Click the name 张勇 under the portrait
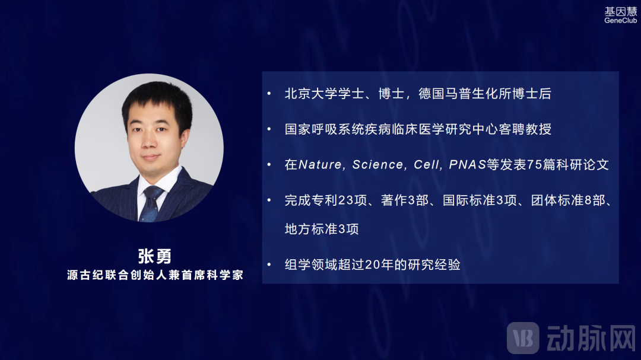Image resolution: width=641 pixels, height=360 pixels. pos(154,256)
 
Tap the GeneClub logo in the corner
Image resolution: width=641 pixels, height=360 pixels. pos(620,14)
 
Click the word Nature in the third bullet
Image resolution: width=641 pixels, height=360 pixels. pos(320,164)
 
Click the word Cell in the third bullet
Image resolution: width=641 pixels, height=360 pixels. pos(424,164)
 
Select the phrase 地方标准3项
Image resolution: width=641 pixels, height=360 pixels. pos(322,229)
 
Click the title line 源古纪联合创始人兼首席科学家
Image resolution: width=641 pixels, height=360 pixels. pos(155,276)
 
